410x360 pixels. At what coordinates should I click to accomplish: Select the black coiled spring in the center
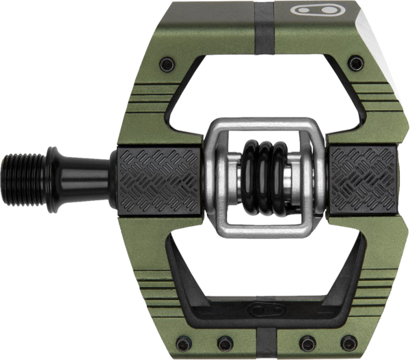pos(263,177)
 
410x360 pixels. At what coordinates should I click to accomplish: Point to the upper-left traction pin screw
pos(166,65)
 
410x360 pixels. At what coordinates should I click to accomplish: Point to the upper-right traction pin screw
pos(354,64)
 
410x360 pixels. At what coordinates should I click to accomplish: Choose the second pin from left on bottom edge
pos(224,342)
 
